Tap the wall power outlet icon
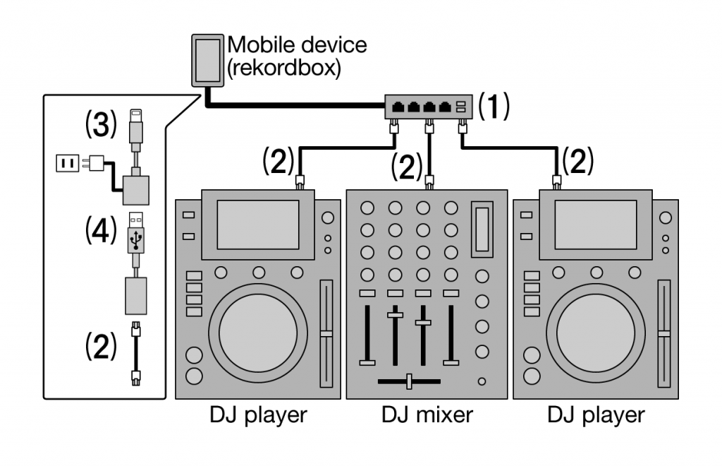68,164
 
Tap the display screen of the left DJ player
257,223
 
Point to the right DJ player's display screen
595,223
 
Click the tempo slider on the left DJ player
325,333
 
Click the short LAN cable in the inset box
137,352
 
